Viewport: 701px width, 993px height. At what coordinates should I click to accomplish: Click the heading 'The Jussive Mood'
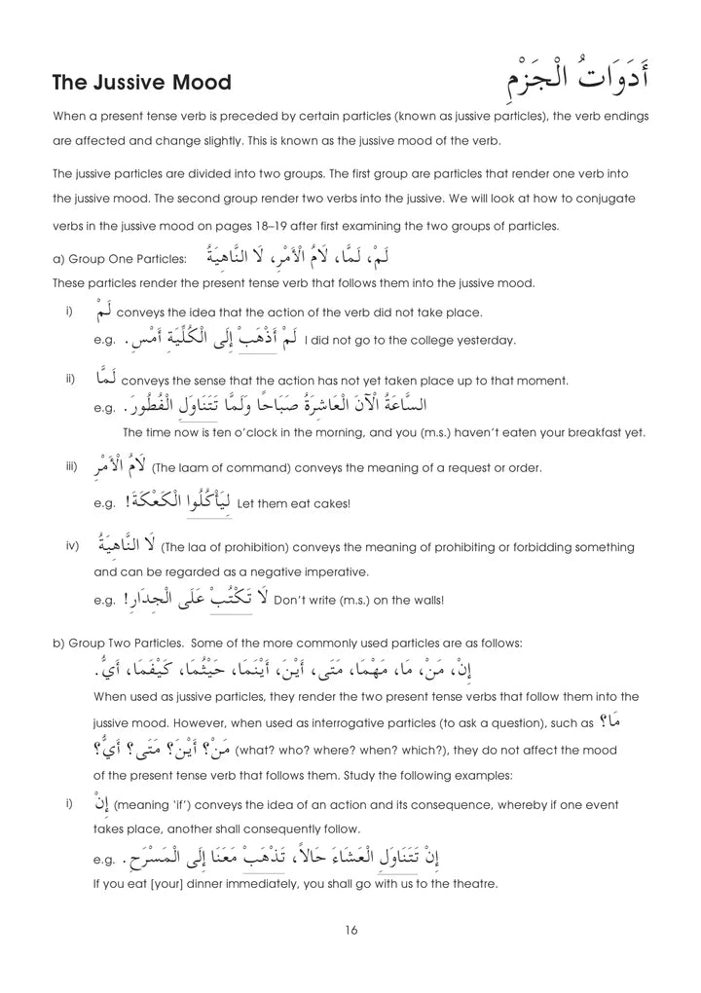142,83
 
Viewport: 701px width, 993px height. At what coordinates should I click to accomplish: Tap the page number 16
351,930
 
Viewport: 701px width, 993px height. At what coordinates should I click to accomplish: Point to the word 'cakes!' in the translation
330,503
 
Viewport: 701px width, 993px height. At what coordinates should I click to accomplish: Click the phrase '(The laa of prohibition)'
223,547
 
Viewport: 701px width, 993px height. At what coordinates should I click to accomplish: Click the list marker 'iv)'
72,545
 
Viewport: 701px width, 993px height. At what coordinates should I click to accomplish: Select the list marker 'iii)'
71,466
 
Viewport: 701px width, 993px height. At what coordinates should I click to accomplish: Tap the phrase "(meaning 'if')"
153,805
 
